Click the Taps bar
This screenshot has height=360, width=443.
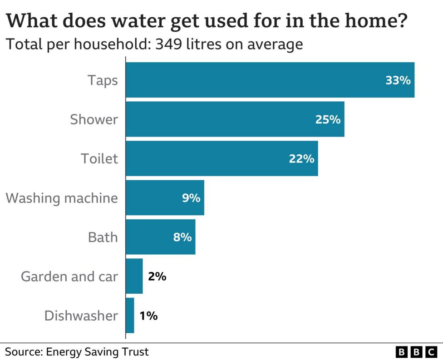click(270, 80)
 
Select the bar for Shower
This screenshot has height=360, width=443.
click(235, 119)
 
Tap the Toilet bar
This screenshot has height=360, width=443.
click(221, 158)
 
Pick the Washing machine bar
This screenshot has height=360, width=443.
click(165, 198)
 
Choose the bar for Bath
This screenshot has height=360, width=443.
click(160, 237)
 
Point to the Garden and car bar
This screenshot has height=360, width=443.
click(134, 276)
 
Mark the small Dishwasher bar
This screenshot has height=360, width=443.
click(130, 316)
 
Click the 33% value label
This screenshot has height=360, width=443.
click(398, 80)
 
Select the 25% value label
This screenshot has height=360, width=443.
click(328, 119)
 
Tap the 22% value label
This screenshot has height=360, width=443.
click(301, 159)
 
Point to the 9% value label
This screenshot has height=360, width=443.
click(191, 198)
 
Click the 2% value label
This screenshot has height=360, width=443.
click(157, 276)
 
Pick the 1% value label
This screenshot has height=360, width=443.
click(148, 316)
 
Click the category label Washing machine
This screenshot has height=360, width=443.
click(62, 198)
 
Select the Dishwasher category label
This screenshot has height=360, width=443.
click(81, 316)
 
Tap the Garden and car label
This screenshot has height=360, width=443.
click(69, 276)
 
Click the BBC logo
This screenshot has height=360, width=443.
click(416, 352)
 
